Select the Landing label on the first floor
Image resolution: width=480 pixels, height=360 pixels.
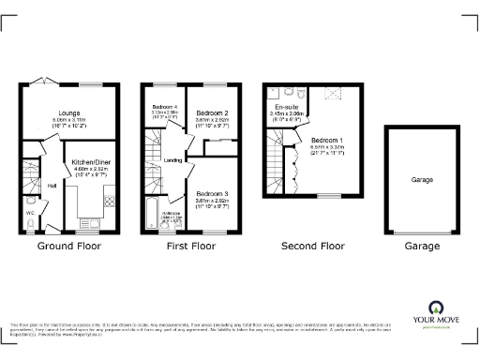pos(172,160)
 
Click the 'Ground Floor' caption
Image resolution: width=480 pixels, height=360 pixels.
pos(68,246)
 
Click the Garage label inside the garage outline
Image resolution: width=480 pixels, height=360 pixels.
pos(421,178)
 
